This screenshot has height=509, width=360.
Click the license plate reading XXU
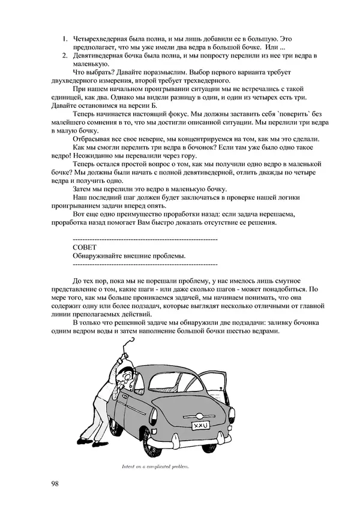199,426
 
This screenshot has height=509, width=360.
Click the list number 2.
64,56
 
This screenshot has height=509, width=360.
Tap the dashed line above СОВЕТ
144,239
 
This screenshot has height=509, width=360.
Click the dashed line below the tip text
144,264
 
